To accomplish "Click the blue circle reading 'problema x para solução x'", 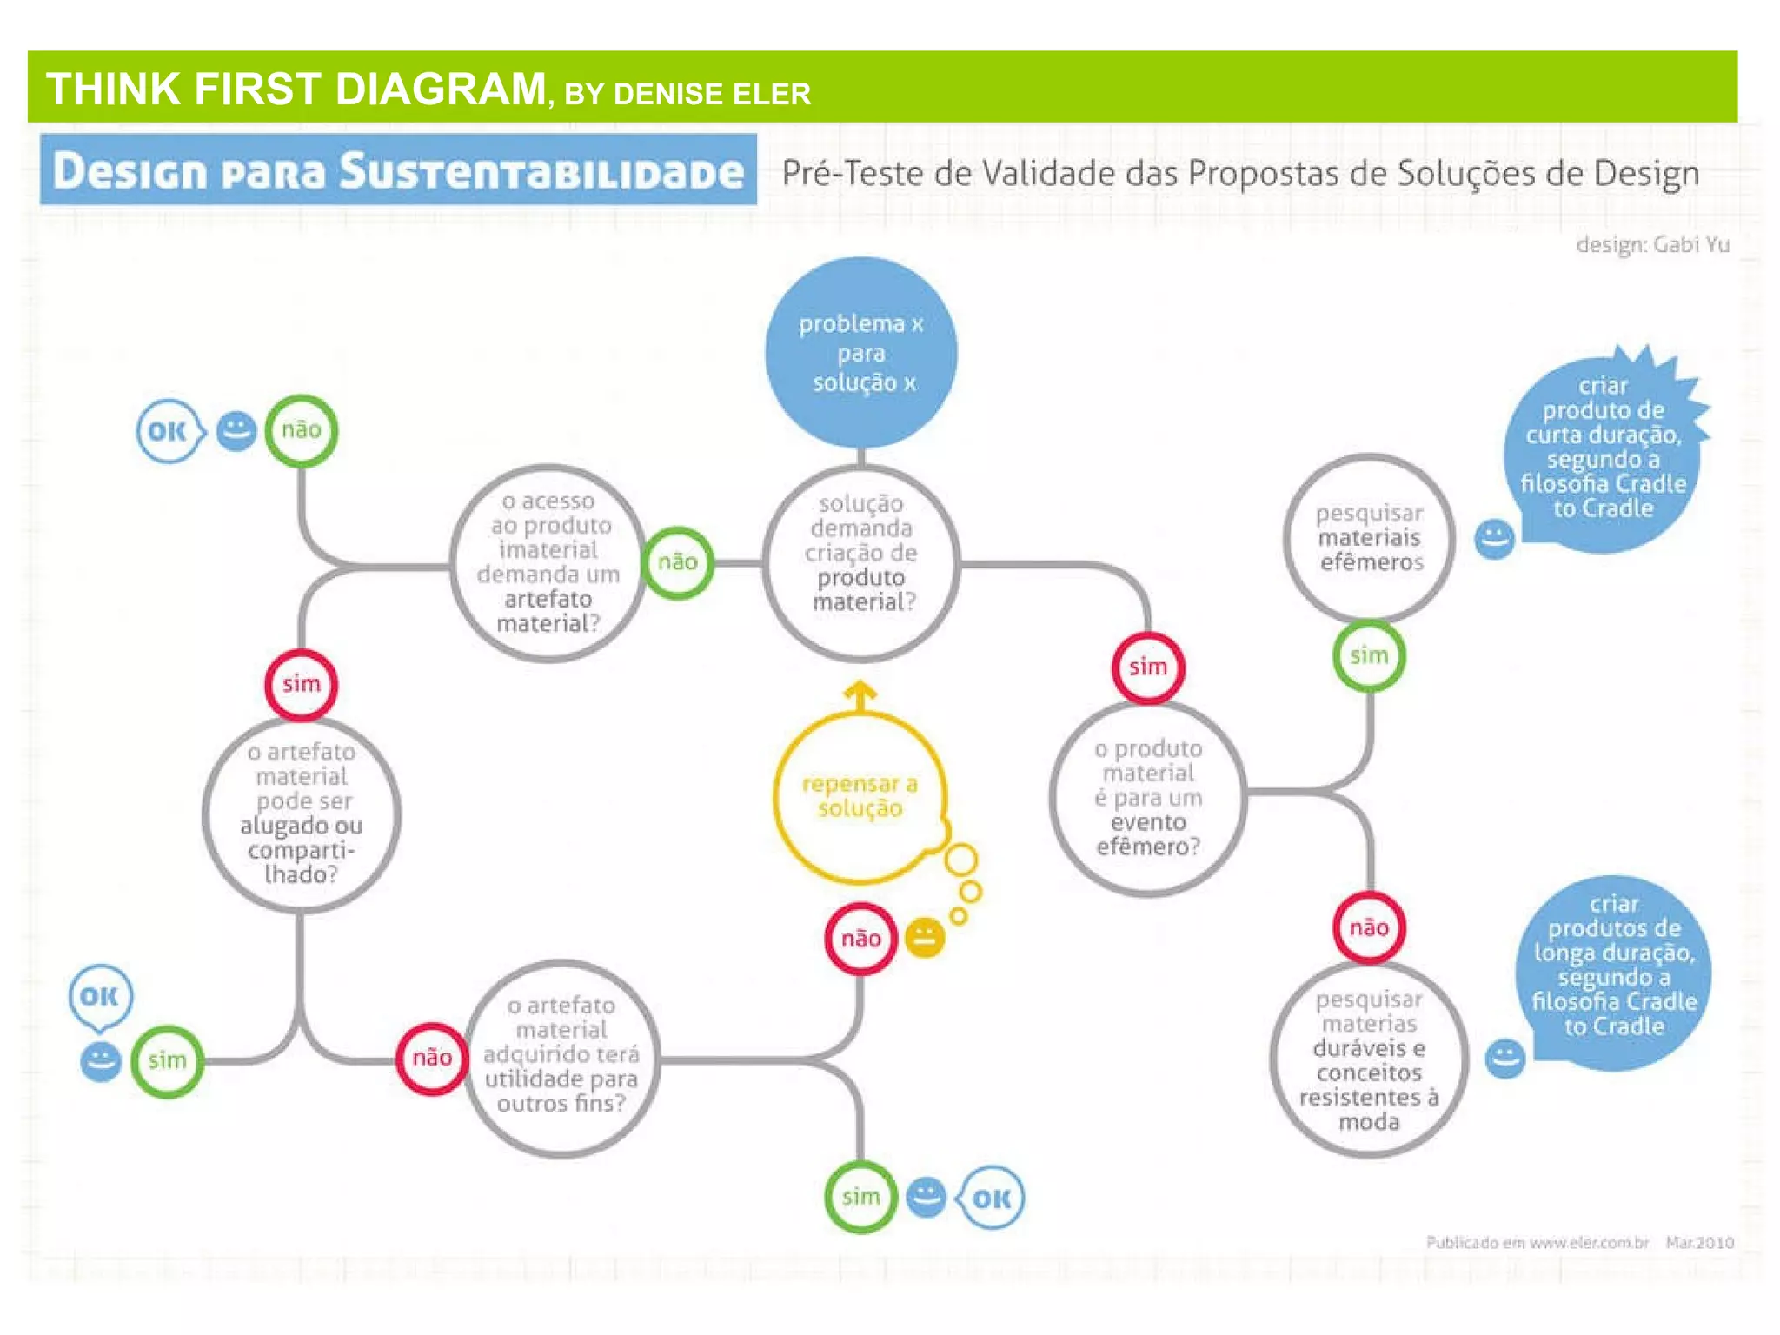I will click(860, 352).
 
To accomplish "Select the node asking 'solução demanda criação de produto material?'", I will click(860, 562).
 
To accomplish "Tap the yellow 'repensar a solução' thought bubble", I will click(859, 796).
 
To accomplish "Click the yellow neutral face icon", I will click(925, 938).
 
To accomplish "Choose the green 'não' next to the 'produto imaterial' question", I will click(678, 562).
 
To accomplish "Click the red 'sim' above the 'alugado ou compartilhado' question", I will click(301, 684).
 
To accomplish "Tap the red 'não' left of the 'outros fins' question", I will click(432, 1058).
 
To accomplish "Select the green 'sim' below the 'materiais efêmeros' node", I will click(1369, 655).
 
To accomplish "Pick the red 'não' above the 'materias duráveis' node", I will click(1369, 927).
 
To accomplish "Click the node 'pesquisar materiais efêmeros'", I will click(1370, 538).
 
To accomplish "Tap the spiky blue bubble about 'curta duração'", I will click(1603, 448).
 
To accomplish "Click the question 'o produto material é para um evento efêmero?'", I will click(1147, 798).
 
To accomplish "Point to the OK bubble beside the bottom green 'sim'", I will click(992, 1199).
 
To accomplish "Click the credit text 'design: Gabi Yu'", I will click(1652, 245).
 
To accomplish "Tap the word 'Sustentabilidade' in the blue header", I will click(541, 171).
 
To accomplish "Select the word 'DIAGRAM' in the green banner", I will click(441, 90).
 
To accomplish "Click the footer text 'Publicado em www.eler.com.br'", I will click(1537, 1243).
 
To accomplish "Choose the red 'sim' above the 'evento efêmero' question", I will click(1147, 667).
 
